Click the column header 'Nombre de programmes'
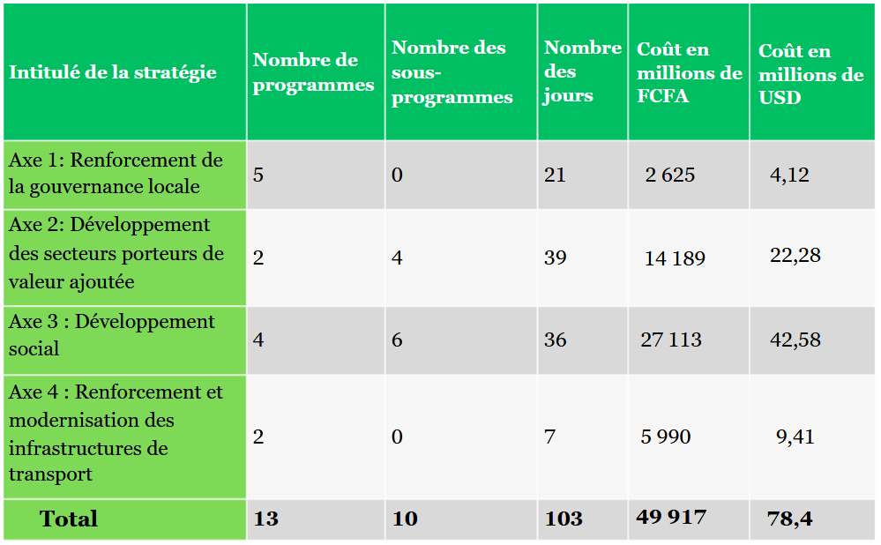pos(313,72)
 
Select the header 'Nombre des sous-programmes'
pos(452,72)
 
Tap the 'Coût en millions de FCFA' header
pos(690,72)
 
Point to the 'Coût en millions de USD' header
pos(810,74)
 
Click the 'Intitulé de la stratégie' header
pos(112,72)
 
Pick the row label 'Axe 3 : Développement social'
pos(112,335)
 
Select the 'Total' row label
pos(69,519)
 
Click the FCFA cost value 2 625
pos(669,175)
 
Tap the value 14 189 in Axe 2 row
pos(675,258)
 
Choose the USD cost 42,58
pos(795,340)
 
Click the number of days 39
pos(555,258)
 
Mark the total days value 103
pos(564,518)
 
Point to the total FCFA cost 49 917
pos(671,517)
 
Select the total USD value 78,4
pos(789,519)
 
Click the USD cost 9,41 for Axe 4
pos(795,437)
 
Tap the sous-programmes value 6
pos(397,340)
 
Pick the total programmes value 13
pos(265,518)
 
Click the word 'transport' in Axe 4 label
pos(50,474)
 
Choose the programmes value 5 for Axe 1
pos(258,175)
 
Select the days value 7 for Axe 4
pos(549,437)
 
